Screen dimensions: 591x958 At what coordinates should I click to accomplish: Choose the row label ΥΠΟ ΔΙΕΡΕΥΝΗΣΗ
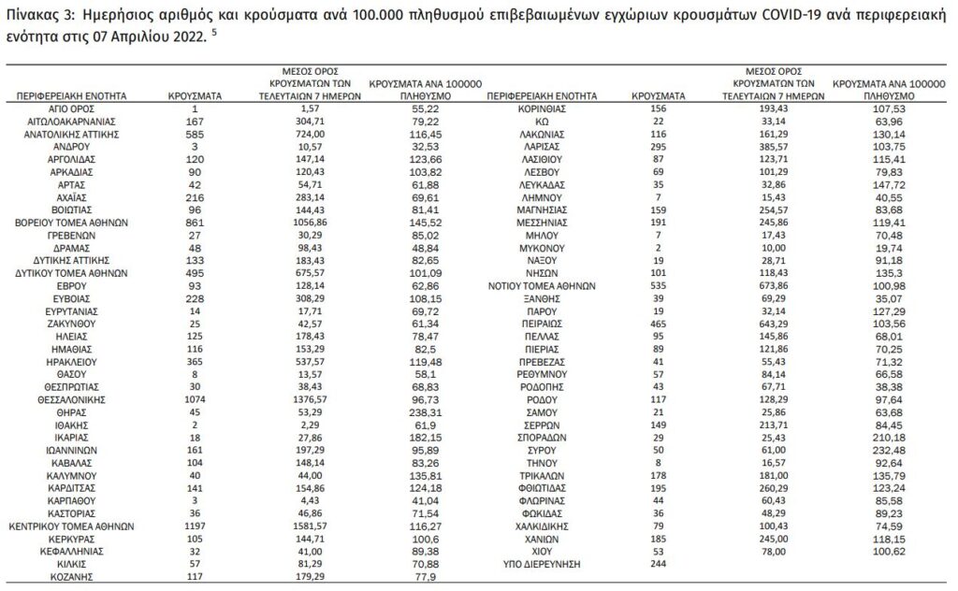coord(544,565)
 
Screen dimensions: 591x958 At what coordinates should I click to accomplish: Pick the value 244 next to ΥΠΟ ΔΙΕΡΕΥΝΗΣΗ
coord(660,565)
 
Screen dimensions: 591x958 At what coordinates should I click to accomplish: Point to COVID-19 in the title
coord(735,16)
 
